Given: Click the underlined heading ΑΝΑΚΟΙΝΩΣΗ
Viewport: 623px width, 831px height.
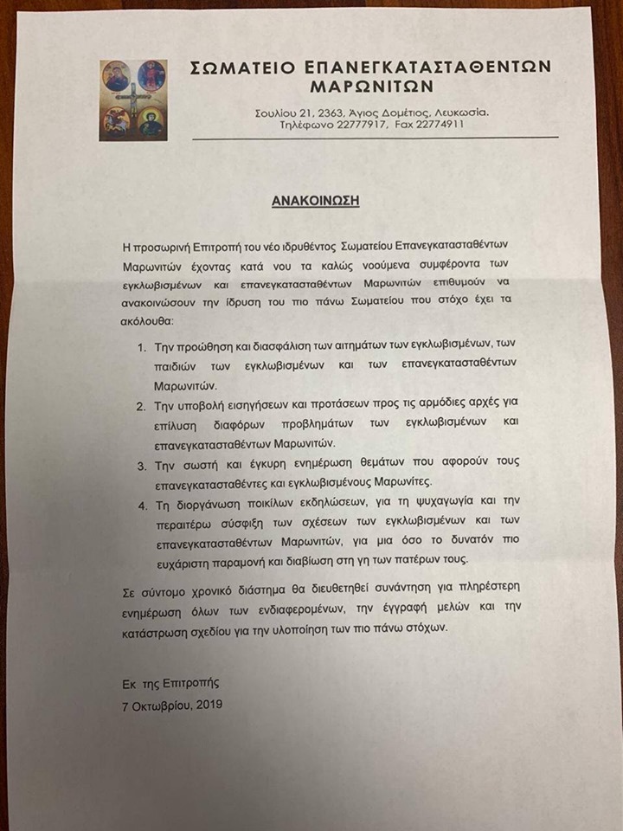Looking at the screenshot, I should (x=315, y=201).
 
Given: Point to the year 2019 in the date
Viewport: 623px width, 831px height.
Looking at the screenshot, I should (x=207, y=704).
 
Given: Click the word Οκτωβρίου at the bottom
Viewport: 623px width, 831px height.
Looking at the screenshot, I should (x=161, y=704).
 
